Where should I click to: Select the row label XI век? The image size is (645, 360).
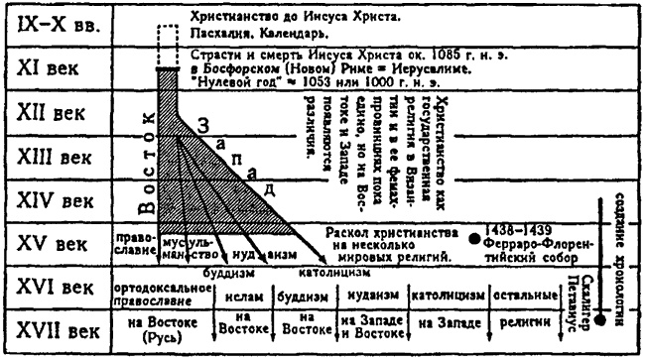click(58, 72)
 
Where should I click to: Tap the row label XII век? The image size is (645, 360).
click(58, 112)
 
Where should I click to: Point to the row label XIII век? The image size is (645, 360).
click(58, 156)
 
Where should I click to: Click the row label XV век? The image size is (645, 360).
click(58, 244)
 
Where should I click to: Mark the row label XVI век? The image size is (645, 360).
click(58, 288)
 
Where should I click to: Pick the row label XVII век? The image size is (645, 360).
click(58, 329)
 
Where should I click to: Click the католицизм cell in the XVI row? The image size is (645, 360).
click(445, 294)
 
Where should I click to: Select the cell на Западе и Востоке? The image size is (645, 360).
click(367, 326)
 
